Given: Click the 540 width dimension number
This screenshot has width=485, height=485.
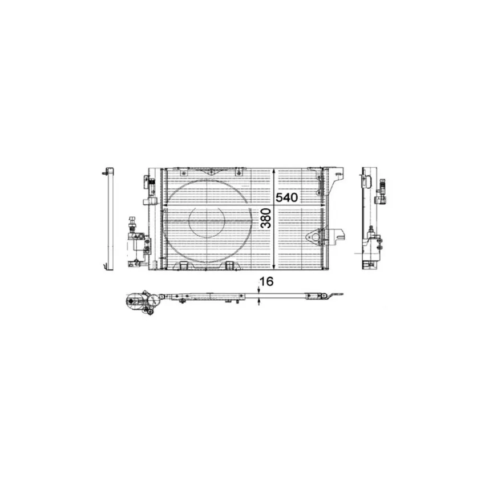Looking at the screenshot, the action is (286, 197).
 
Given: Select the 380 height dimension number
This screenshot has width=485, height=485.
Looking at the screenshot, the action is (266, 218).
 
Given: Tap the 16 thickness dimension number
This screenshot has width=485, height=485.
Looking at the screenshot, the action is (266, 281).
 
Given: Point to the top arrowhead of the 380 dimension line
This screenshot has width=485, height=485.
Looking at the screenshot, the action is (274, 172).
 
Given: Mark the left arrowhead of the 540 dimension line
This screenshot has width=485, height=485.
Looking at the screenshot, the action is (165, 205).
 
